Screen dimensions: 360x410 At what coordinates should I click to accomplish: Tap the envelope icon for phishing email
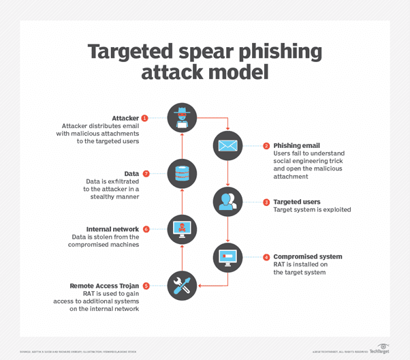pos(227,145)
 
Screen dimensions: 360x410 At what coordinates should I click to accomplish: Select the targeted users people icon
pos(227,201)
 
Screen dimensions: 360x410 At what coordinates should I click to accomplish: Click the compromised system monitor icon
pos(227,256)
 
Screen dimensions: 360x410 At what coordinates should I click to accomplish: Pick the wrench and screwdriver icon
pos(181,285)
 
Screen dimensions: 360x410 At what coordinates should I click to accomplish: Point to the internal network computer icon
pos(181,229)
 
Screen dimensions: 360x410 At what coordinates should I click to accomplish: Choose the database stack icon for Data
pos(181,173)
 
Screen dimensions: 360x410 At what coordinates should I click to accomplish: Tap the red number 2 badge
pos(266,145)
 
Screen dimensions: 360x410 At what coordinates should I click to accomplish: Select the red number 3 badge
pos(266,202)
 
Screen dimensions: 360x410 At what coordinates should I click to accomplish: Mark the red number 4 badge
pos(266,257)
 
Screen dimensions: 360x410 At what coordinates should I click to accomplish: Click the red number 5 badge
pos(146,286)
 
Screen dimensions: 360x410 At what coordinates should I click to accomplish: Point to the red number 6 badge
pos(146,230)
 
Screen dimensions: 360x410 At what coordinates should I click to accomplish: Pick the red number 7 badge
pos(146,174)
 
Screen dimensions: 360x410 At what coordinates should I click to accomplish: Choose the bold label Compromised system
pos(307,257)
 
